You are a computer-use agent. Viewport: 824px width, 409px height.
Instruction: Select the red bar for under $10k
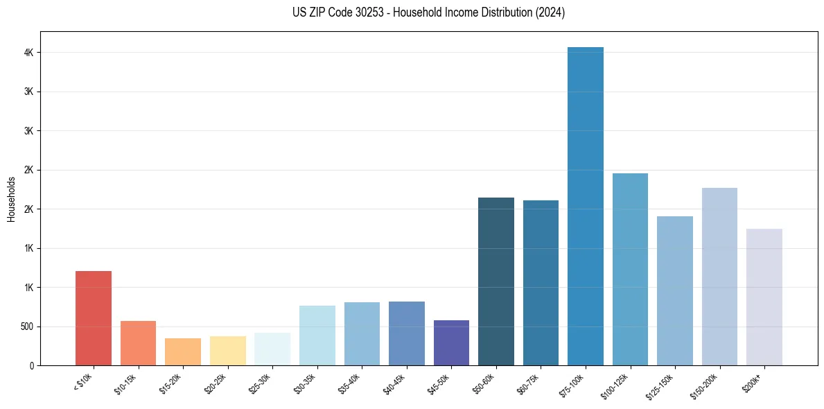(94, 318)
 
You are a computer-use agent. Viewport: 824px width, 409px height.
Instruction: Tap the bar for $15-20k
(183, 351)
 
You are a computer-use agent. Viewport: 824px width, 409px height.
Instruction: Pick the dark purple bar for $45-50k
(451, 342)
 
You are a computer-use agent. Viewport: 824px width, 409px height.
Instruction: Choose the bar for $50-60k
(496, 281)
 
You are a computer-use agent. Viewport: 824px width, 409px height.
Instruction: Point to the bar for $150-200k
(719, 277)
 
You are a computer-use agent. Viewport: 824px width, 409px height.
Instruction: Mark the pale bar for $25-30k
(272, 349)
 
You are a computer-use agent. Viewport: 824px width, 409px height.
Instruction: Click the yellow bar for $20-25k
(227, 351)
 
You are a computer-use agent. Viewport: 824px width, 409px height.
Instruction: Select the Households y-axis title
(12, 199)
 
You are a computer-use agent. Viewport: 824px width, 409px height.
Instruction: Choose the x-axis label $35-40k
(349, 383)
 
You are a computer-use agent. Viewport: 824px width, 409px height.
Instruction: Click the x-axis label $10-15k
(125, 383)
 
